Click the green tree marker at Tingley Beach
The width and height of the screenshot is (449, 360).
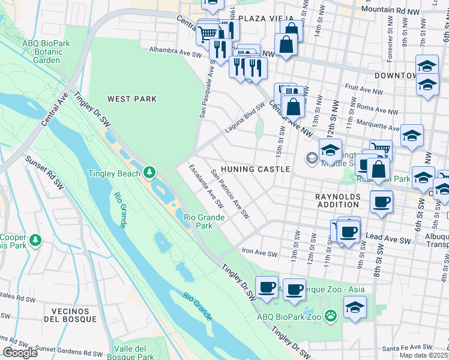pos(148,173)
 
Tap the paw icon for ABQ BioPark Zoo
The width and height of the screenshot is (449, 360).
pos(330,316)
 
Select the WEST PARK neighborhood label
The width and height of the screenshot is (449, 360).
pos(131,99)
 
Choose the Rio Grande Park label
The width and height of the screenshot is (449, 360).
pos(204,221)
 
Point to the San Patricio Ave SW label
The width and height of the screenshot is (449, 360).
pos(230,194)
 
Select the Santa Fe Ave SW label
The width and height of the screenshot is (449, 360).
pos(407,347)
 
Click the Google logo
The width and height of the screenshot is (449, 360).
pos(20,353)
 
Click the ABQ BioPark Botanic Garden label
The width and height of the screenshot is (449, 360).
pos(46,52)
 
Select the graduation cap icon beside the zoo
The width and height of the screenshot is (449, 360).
pos(355,307)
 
